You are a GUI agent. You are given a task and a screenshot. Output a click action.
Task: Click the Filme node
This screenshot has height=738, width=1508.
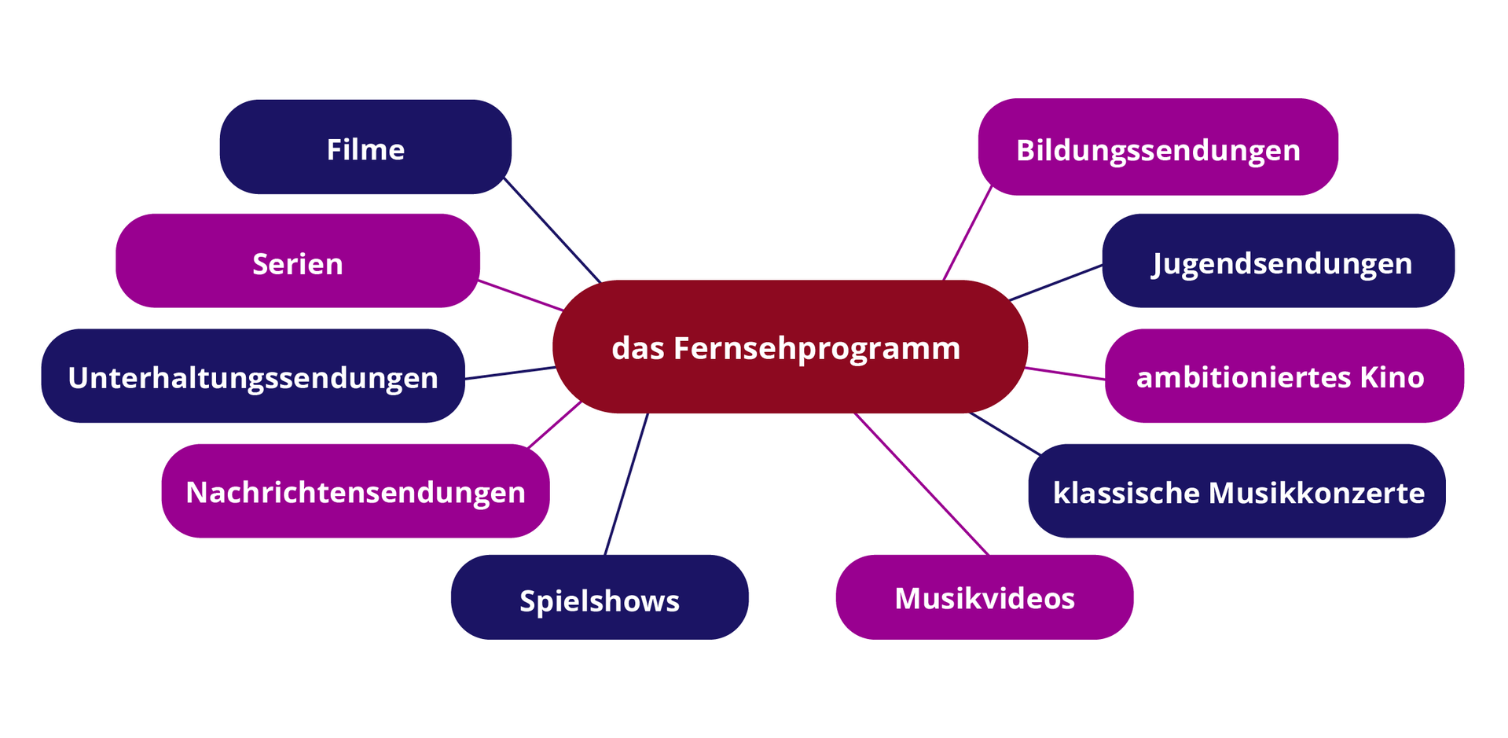(x=365, y=148)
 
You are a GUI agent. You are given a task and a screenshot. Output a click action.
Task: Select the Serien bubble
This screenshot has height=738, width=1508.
(x=297, y=262)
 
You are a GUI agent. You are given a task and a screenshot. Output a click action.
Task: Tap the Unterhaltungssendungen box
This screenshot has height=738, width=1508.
(x=252, y=376)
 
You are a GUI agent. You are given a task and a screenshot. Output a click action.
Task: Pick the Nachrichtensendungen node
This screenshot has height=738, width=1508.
(x=355, y=491)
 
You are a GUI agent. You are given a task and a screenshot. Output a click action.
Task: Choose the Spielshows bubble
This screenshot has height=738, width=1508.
(x=599, y=598)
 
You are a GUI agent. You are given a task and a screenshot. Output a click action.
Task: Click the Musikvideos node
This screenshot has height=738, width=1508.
(x=984, y=597)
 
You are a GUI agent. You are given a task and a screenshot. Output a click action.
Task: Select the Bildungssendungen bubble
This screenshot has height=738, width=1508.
(x=1158, y=148)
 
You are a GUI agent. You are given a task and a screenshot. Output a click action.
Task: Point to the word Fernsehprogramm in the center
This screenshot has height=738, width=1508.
(x=816, y=348)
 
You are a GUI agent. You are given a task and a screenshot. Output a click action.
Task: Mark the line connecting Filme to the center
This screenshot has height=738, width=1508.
(x=552, y=229)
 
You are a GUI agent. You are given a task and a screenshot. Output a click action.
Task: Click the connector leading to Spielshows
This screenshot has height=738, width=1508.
(x=626, y=484)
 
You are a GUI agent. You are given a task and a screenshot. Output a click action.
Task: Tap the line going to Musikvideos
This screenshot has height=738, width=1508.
(x=921, y=483)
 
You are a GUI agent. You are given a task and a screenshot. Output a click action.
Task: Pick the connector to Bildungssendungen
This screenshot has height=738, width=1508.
(x=967, y=233)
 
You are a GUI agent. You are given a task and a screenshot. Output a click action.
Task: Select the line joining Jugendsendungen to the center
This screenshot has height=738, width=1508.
(x=1055, y=283)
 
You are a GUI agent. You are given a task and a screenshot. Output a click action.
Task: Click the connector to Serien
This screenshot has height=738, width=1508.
(x=520, y=296)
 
